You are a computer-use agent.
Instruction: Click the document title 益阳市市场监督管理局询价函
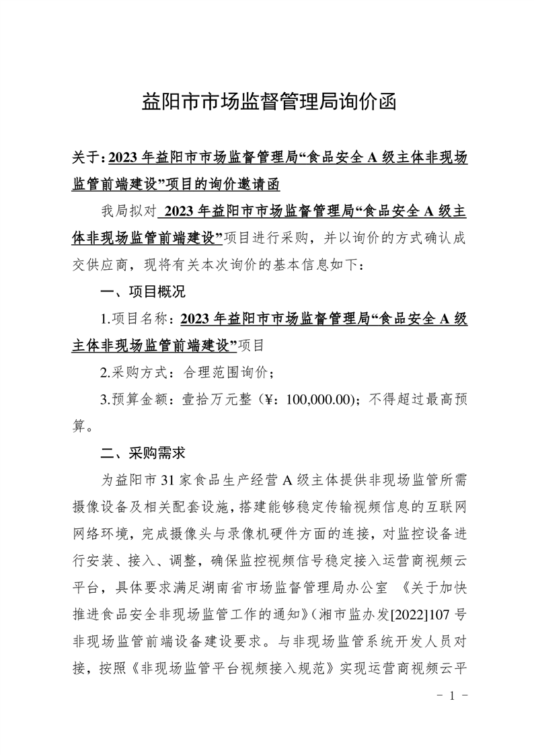pyautogui.click(x=267, y=103)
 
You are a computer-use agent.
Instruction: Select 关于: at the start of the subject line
pyautogui.click(x=87, y=158)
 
